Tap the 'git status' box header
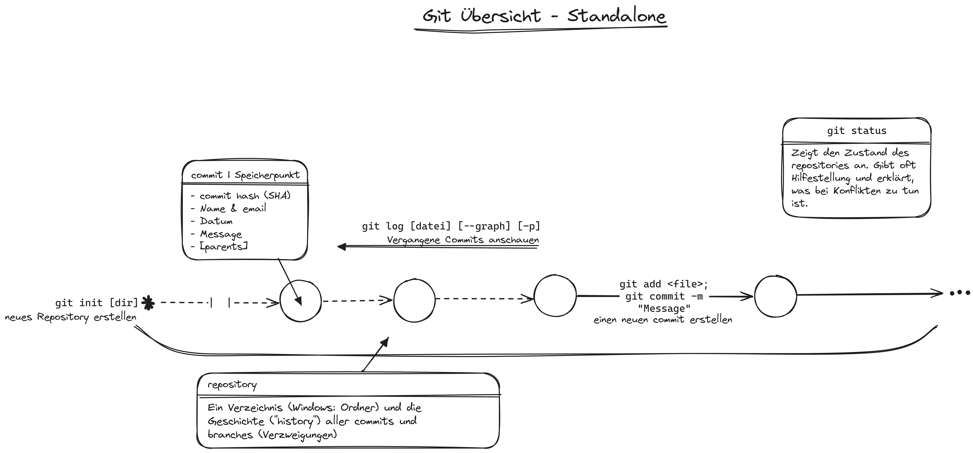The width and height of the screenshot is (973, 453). click(856, 131)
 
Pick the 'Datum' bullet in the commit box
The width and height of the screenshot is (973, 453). click(211, 221)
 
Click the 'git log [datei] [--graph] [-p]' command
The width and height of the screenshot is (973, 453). click(451, 226)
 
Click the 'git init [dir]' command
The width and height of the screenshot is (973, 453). click(97, 303)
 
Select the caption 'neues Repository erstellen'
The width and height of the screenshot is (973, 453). click(71, 318)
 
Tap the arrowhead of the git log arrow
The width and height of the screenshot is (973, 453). click(341, 247)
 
